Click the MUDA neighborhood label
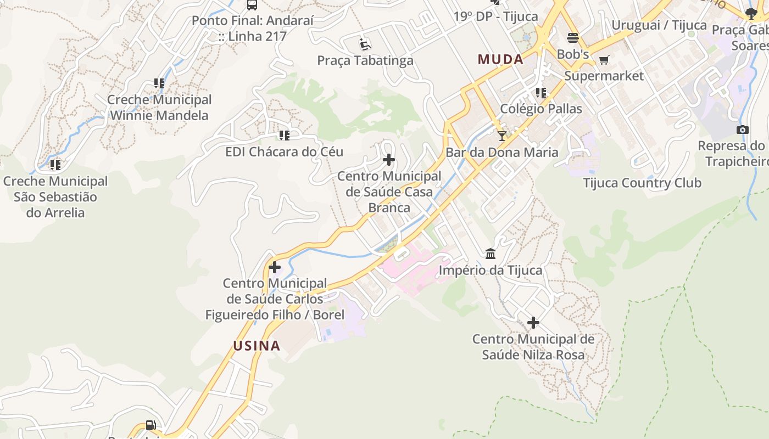[500, 59]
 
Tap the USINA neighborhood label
[257, 346]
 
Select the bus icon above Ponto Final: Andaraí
[252, 5]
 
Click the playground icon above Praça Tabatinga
[365, 43]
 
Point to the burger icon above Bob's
[573, 38]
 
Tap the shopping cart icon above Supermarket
[604, 60]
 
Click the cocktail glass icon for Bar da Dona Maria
[501, 136]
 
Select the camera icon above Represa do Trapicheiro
[743, 130]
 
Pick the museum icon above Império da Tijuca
[491, 254]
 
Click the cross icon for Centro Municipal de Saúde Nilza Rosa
[533, 323]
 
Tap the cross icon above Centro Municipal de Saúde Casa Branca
[389, 160]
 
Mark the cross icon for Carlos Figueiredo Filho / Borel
[275, 267]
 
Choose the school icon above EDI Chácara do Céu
[284, 135]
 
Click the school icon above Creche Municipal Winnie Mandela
[159, 83]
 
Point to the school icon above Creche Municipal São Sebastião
[55, 164]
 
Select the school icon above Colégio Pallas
[541, 92]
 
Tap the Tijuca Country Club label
[642, 183]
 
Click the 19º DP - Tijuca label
[495, 16]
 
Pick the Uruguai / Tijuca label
[659, 25]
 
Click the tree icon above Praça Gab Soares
[751, 14]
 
